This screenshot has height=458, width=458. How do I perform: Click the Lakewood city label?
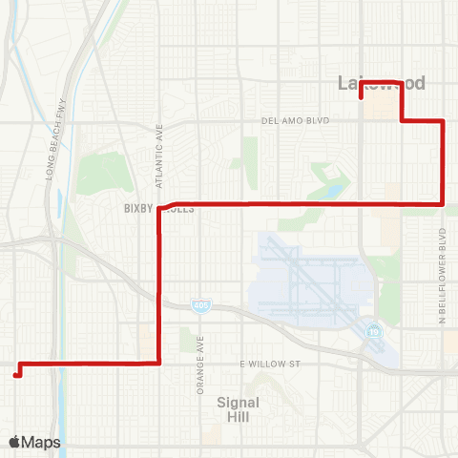(382, 84)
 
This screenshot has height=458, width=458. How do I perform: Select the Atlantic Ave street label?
(159, 156)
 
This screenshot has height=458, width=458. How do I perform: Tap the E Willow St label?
(270, 364)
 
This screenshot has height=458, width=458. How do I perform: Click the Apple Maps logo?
(34, 442)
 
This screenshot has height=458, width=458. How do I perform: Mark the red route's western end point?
(16, 375)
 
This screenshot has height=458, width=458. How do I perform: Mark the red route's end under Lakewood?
(361, 97)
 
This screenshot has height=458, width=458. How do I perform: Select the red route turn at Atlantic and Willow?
(157, 363)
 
